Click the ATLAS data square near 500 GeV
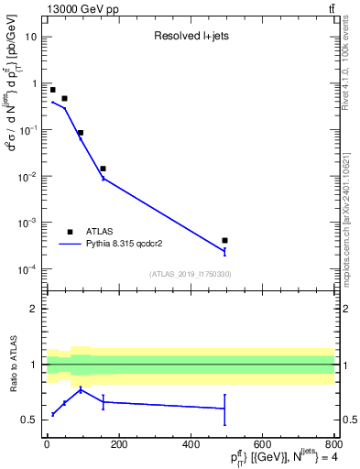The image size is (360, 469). click(224, 240)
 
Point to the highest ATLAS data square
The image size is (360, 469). click(53, 90)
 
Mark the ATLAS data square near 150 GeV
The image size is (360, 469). click(103, 169)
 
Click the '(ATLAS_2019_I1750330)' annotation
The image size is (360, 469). click(191, 274)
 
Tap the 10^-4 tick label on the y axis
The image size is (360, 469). click(27, 269)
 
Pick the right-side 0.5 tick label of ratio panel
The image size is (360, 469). click(349, 420)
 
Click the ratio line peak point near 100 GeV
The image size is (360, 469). click(82, 389)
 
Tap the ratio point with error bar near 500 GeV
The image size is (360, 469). click(224, 409)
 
